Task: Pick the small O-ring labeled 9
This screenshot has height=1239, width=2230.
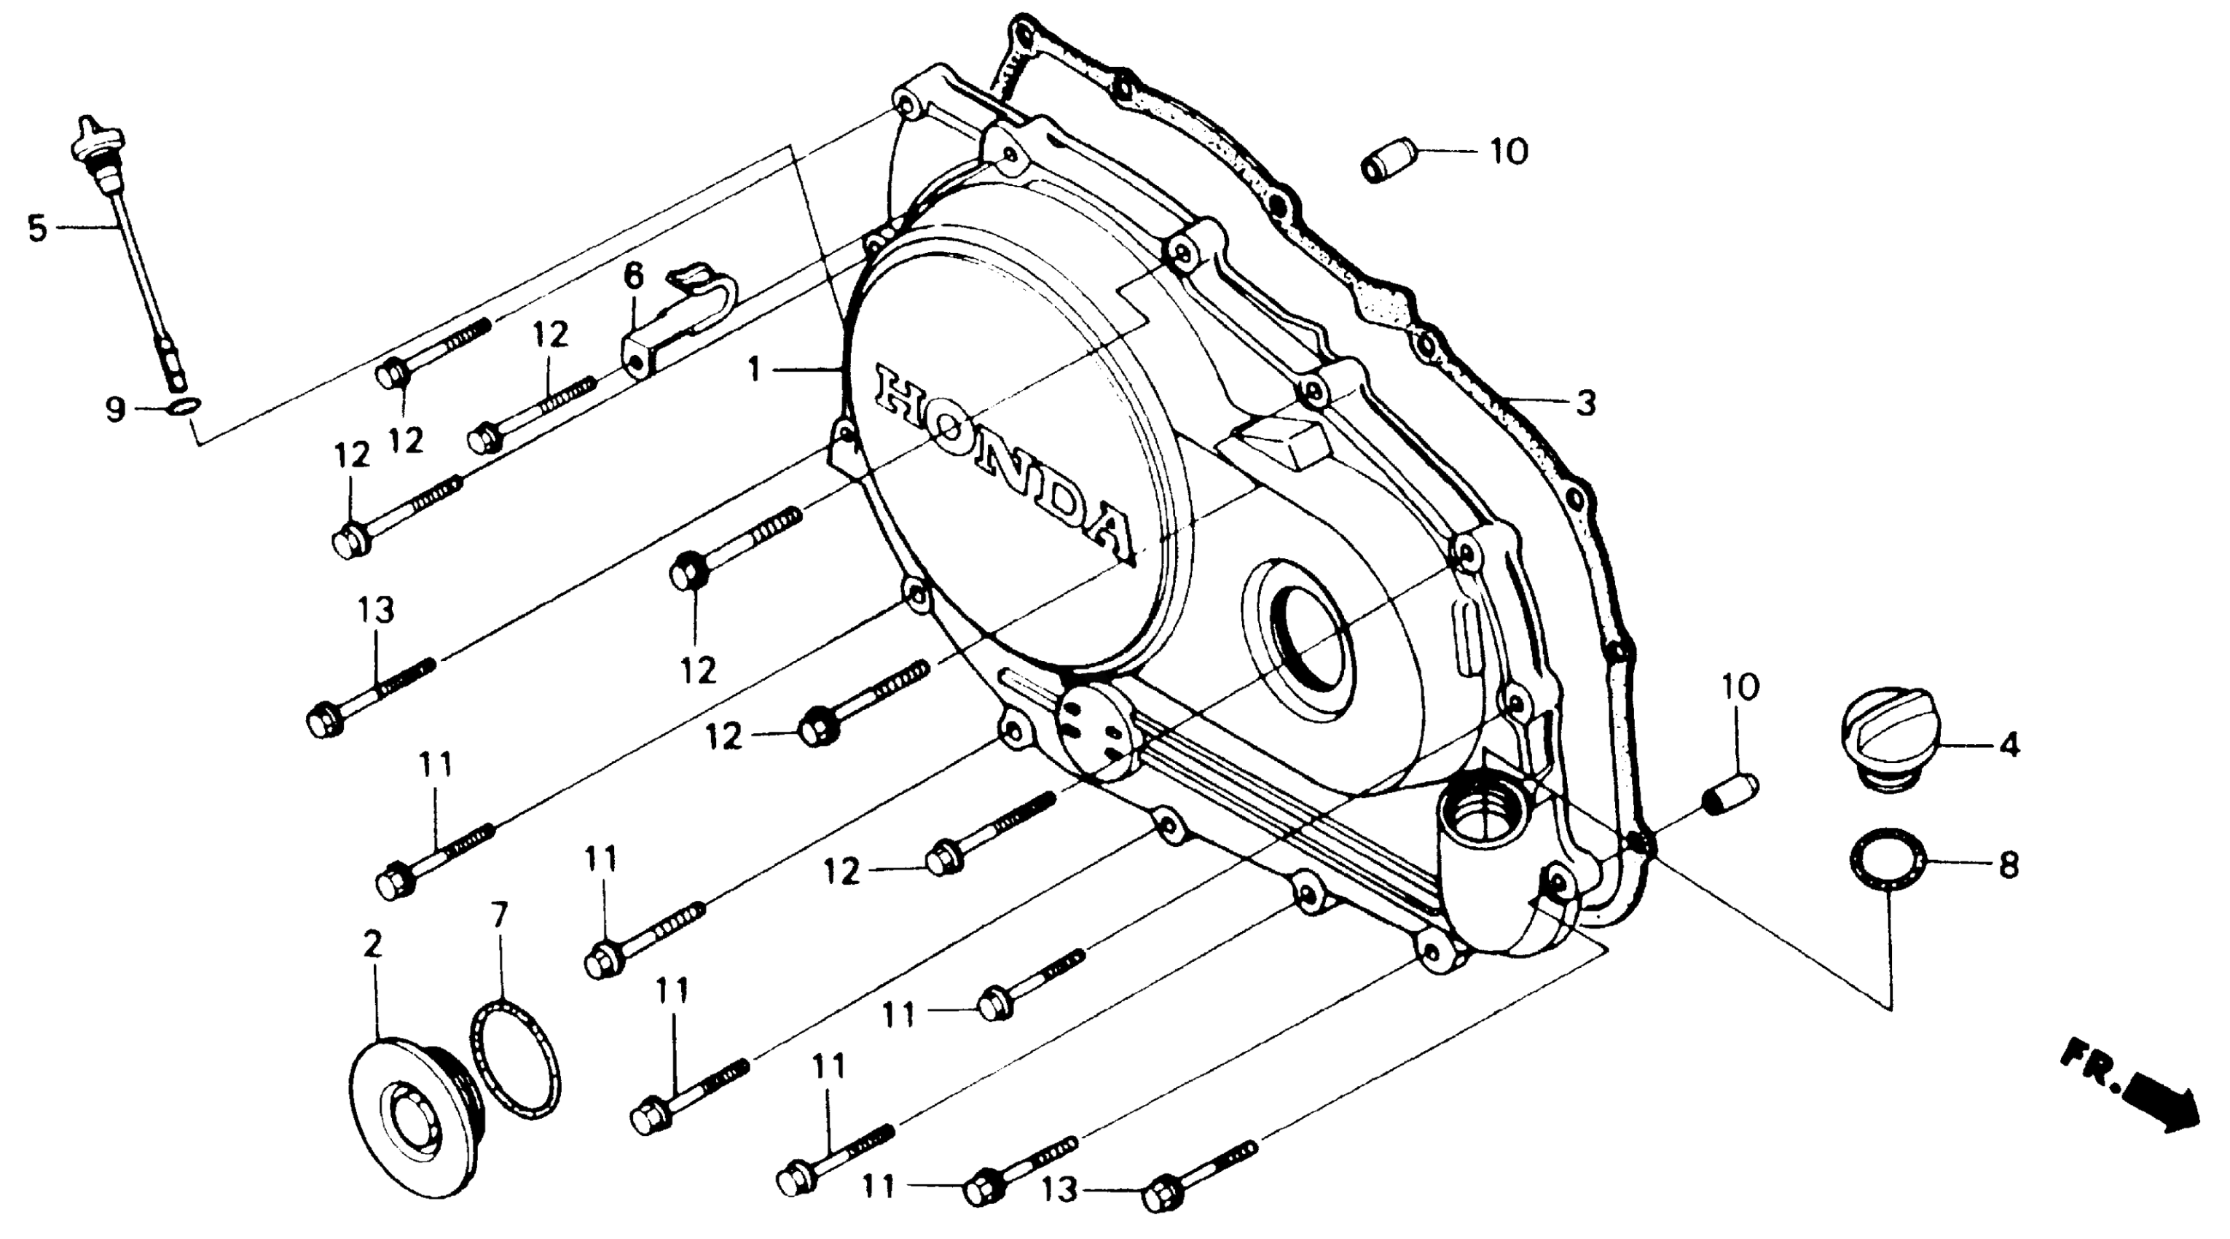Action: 183,408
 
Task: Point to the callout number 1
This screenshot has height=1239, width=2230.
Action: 755,370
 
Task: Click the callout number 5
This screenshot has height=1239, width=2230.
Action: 36,229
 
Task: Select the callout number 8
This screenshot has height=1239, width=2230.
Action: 2009,865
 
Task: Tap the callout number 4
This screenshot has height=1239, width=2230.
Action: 2009,745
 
